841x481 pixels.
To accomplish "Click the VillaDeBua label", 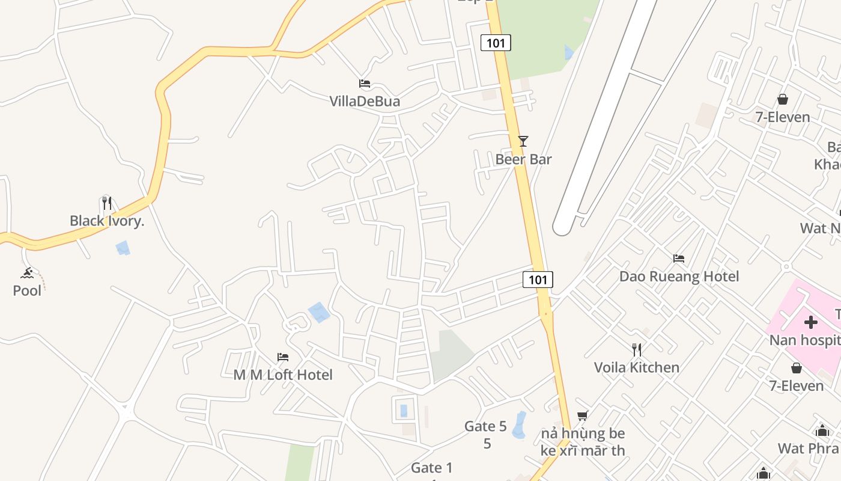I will [365, 102].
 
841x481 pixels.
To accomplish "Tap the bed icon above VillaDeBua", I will [365, 84].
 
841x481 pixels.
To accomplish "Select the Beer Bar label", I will [523, 159].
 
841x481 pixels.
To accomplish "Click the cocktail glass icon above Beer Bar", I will [523, 141].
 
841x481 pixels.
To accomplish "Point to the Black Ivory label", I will [107, 221].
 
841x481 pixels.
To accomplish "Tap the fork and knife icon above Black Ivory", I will [107, 203].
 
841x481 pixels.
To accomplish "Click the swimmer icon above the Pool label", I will [27, 274].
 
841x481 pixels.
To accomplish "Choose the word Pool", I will [27, 291].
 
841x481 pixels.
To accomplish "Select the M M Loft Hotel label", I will [283, 375].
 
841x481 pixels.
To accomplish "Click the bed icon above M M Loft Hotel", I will [283, 357].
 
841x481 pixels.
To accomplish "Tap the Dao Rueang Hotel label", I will [679, 277].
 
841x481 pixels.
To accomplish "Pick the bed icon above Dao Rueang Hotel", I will [679, 259].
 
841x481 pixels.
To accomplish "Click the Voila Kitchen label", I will [637, 367].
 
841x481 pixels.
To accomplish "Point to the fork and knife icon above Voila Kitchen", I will [637, 349].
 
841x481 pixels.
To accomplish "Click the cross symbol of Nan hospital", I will [810, 322].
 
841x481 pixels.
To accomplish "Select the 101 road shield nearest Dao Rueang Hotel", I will [538, 280].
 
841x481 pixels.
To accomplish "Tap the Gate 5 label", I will [485, 427].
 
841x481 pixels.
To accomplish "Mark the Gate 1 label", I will [432, 468].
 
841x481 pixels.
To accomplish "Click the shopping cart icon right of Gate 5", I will [582, 415].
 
